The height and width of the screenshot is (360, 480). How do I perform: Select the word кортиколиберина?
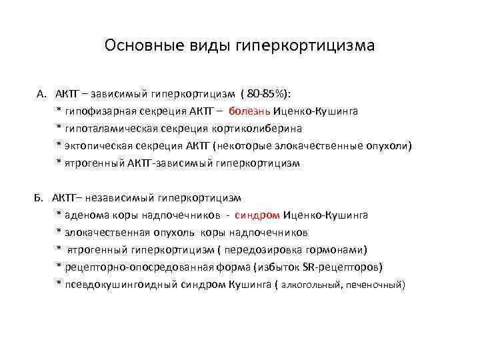pos(263,129)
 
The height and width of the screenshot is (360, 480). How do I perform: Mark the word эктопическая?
pos(97,146)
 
